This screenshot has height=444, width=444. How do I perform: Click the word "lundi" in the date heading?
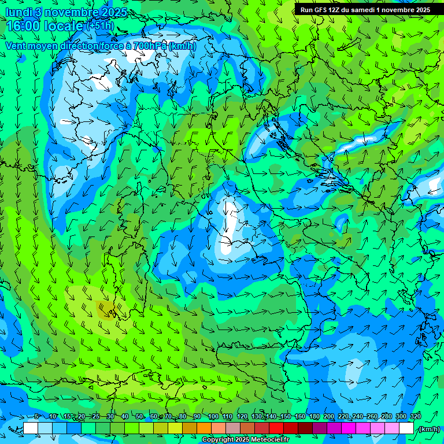click(x=20, y=12)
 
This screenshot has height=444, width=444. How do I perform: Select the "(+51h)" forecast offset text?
click(x=100, y=27)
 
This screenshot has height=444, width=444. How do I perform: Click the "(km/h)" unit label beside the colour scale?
click(x=429, y=429)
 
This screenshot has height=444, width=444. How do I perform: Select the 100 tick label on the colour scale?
click(x=213, y=417)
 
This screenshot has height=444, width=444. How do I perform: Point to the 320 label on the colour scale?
click(x=416, y=417)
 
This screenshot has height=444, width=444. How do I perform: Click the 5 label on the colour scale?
click(x=36, y=417)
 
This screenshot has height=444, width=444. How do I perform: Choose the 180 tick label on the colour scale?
click(x=314, y=417)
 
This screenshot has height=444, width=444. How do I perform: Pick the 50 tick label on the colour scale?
click(x=140, y=417)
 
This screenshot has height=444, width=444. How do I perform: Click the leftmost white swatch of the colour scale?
click(x=31, y=428)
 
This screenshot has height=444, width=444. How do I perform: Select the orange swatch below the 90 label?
click(x=204, y=428)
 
